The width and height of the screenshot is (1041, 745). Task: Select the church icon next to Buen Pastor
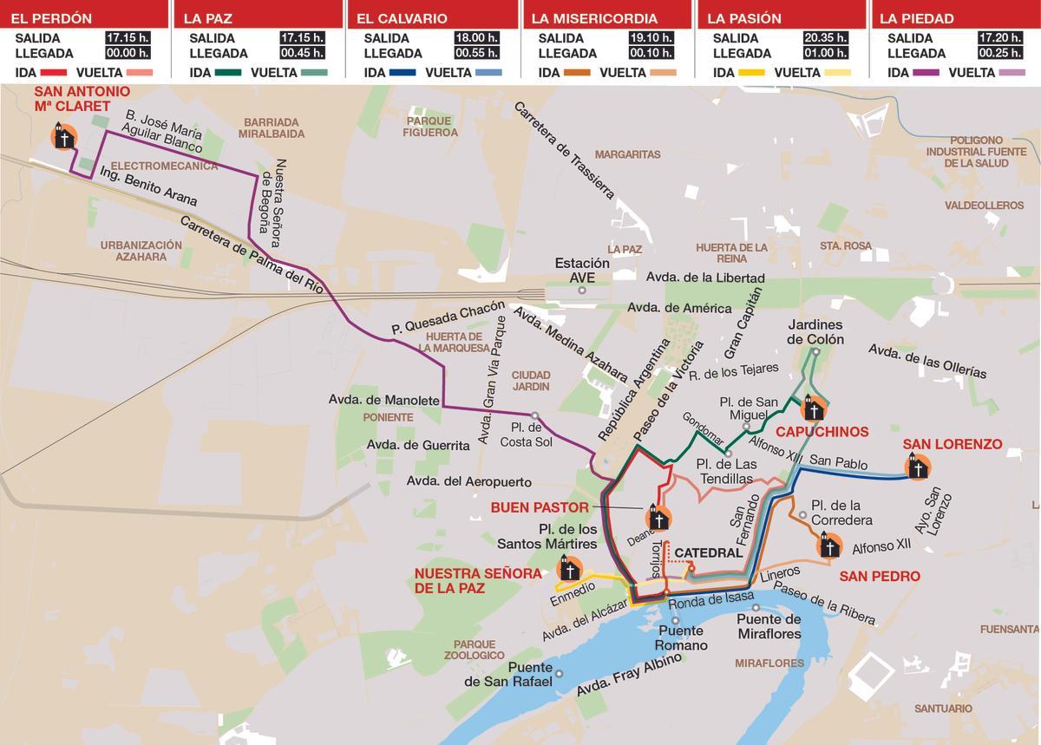(x=658, y=519)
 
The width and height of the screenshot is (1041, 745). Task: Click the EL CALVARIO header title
(x=402, y=18)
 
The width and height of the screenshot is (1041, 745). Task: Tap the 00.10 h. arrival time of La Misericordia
(x=651, y=54)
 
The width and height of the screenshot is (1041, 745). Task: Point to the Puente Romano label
(x=682, y=638)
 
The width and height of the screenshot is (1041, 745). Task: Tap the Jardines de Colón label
(x=815, y=332)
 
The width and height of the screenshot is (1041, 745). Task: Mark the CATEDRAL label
(x=708, y=552)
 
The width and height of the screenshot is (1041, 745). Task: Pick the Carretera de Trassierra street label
(x=564, y=149)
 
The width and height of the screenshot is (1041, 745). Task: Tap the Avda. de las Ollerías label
(x=927, y=360)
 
